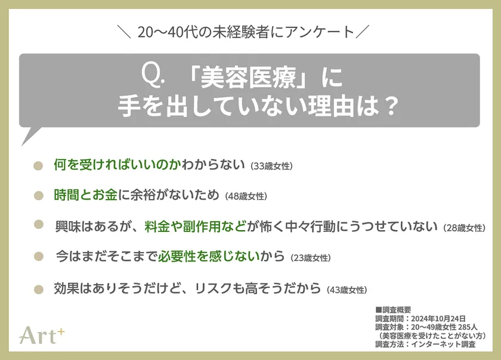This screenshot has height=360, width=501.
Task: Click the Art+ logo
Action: tap(41, 336)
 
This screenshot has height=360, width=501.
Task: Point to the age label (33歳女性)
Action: tap(271, 166)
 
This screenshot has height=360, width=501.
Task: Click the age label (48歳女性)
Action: tap(246, 196)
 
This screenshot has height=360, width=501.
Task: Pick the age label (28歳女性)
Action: tap(465, 228)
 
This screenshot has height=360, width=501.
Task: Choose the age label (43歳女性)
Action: tap(347, 290)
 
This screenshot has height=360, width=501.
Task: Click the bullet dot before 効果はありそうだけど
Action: tap(39, 289)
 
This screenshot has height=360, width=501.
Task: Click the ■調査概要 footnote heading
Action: tap(393, 310)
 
